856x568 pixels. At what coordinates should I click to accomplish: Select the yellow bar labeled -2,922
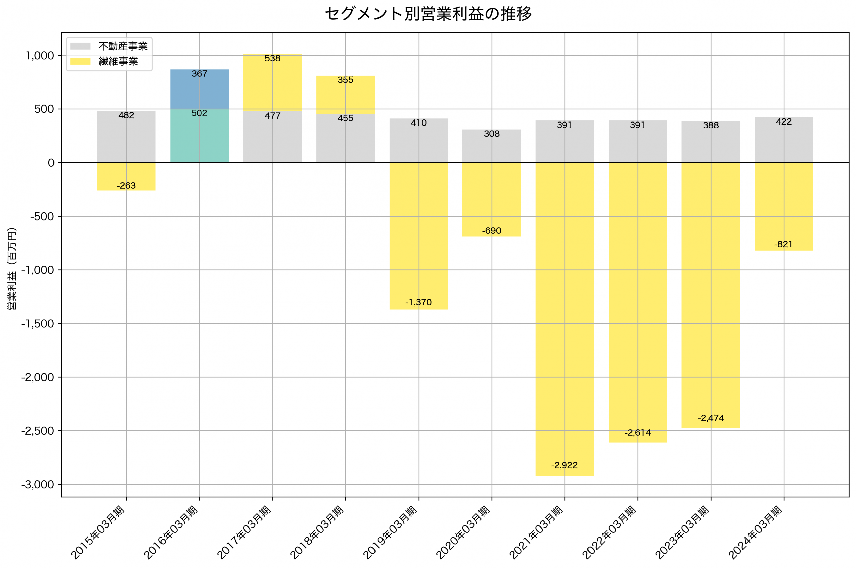(x=564, y=319)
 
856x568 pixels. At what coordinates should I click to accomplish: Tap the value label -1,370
(x=418, y=302)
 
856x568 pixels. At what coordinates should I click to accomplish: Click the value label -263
(x=126, y=186)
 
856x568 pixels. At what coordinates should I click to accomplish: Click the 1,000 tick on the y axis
(x=40, y=56)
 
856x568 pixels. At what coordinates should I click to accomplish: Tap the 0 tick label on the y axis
(x=51, y=163)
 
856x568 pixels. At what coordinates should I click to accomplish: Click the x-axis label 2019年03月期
(x=391, y=533)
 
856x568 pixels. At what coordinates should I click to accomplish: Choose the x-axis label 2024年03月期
(x=756, y=533)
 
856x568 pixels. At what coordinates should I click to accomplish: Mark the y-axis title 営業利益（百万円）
(x=12, y=268)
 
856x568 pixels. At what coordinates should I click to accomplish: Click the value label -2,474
(x=711, y=418)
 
